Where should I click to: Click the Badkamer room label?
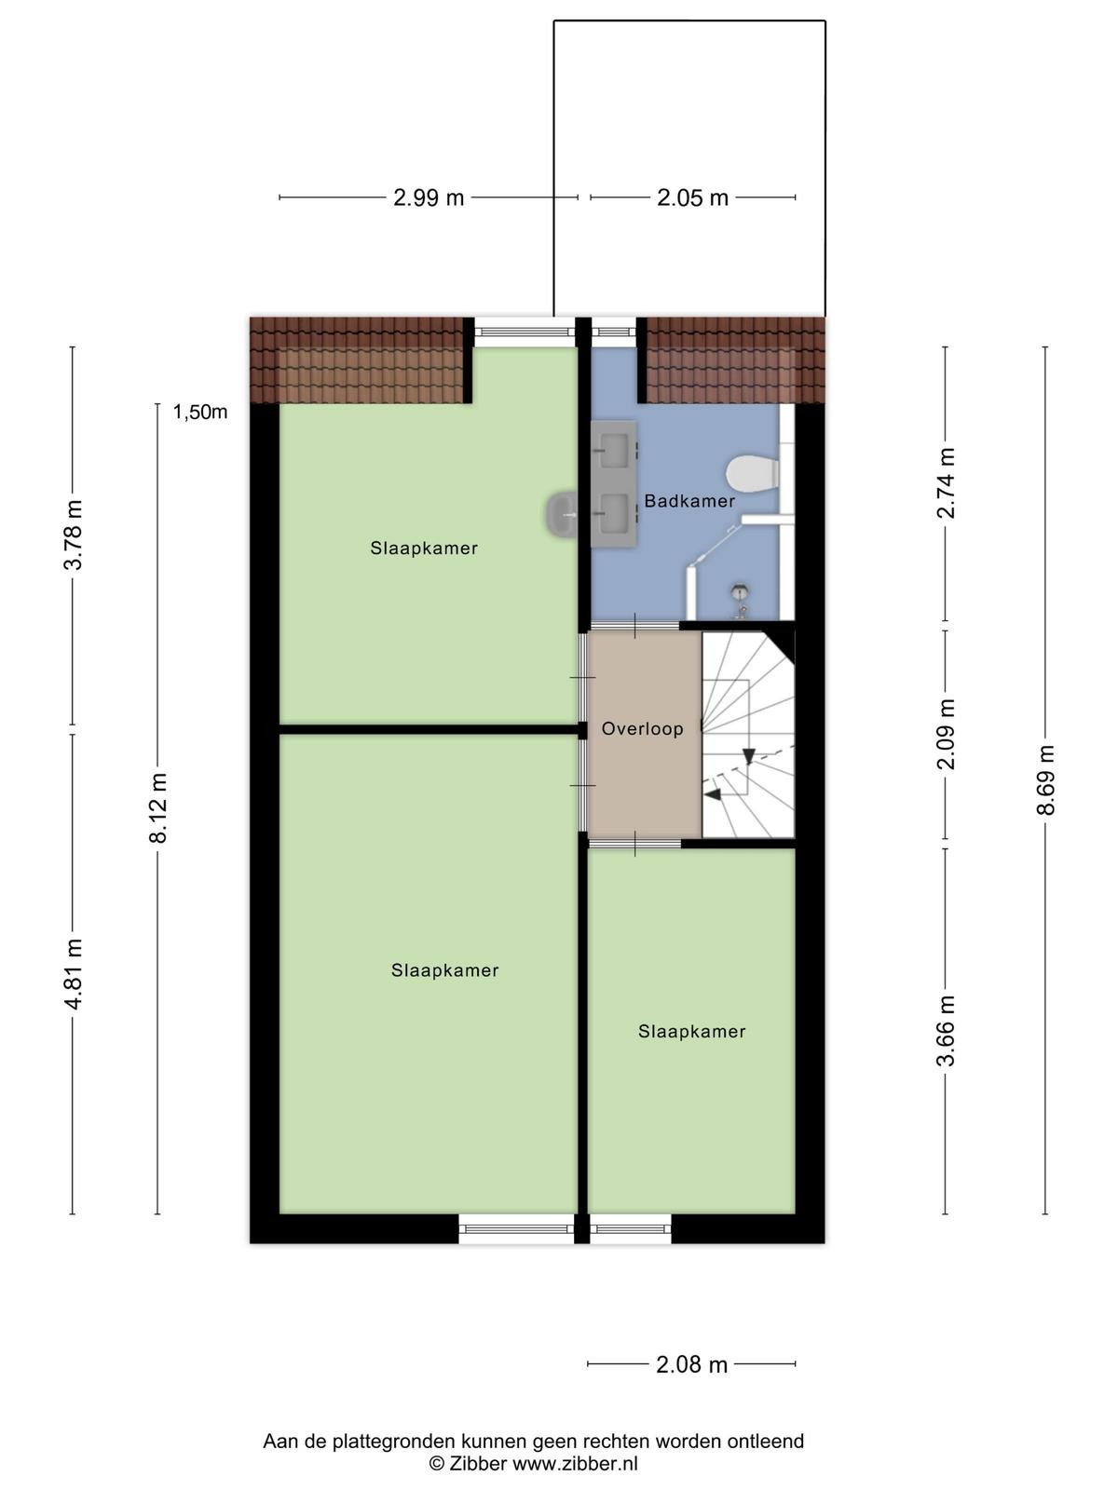[x=689, y=502]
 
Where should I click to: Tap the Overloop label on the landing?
[x=642, y=729]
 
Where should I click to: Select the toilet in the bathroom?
[x=752, y=472]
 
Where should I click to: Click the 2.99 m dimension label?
[x=429, y=197]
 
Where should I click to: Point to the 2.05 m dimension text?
[x=692, y=197]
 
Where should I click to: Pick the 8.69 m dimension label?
[x=1045, y=779]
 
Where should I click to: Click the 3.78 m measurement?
[x=73, y=535]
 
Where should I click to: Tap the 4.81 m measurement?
[x=73, y=973]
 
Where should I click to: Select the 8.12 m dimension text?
[x=157, y=807]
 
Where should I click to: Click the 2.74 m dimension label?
[x=946, y=483]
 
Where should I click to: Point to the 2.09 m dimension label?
[x=946, y=734]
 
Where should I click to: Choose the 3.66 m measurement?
[x=946, y=1031]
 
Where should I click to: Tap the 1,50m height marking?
[x=200, y=412]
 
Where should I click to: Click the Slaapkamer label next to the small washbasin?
[x=424, y=549]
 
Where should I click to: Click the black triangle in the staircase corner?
[x=784, y=643]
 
